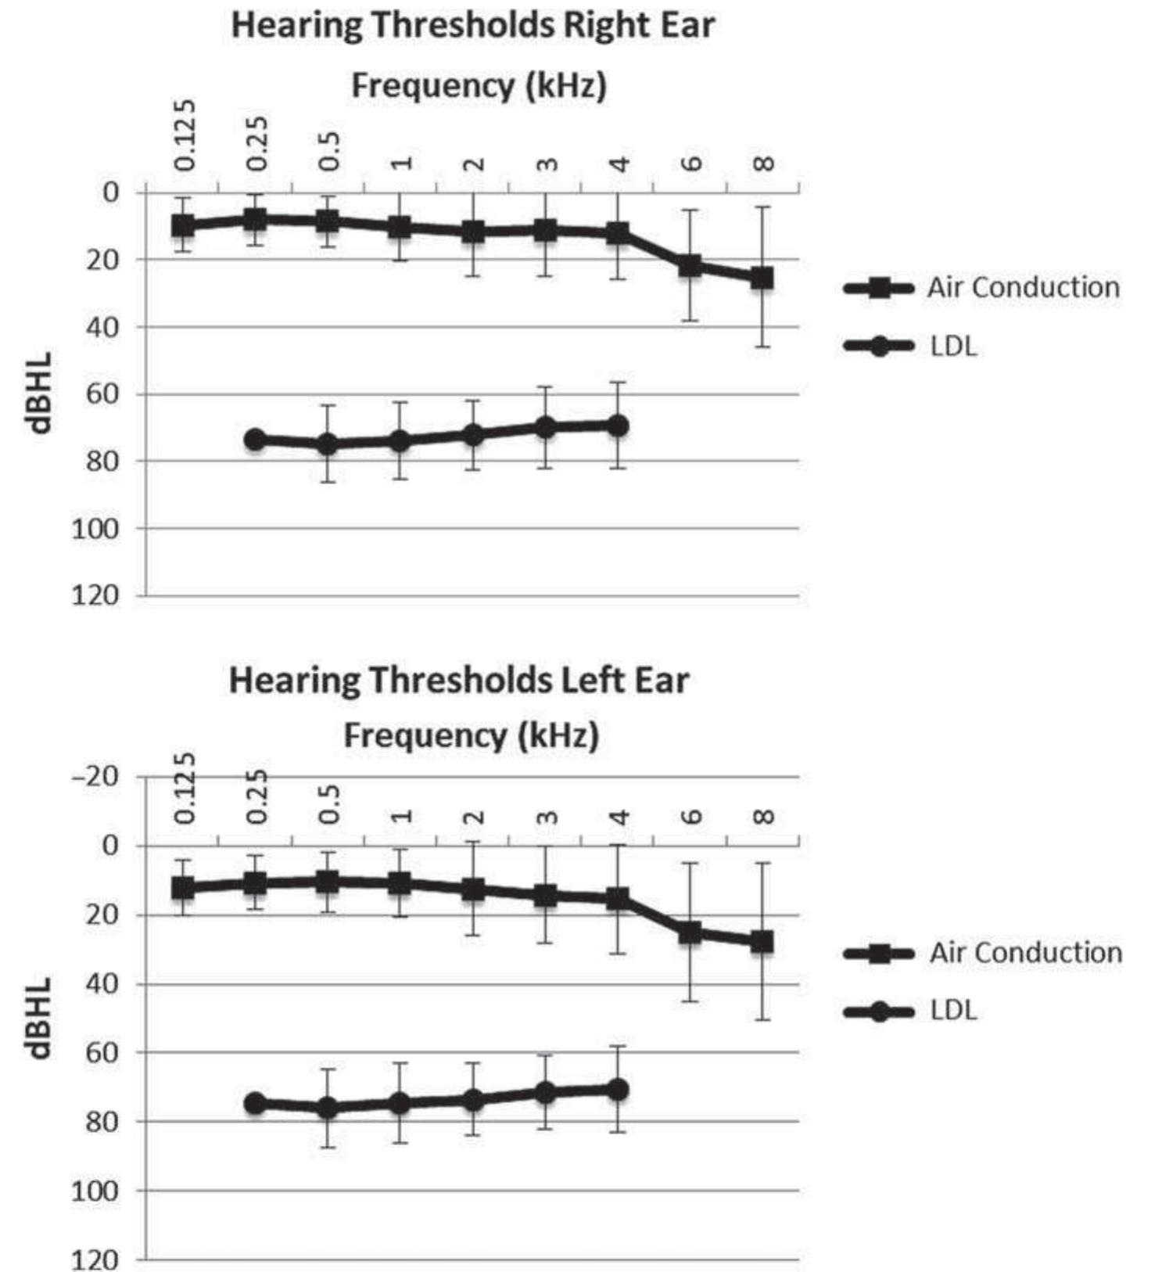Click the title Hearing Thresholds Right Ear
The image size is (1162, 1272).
tap(472, 26)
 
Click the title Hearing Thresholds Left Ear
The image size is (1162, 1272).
tap(458, 680)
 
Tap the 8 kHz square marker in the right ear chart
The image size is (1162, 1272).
tap(762, 278)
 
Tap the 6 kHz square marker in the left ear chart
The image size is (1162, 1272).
tap(690, 932)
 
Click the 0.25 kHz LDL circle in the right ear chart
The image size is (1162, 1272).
tap(255, 439)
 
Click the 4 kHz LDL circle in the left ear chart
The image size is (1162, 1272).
tap(618, 1089)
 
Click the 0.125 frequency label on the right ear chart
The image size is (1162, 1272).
tap(185, 135)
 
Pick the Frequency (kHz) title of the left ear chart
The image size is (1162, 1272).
tap(471, 735)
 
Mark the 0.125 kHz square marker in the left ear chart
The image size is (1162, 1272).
tap(183, 888)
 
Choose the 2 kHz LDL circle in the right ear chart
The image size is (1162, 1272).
tap(472, 434)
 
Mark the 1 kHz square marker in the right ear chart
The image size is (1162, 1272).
tap(400, 228)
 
